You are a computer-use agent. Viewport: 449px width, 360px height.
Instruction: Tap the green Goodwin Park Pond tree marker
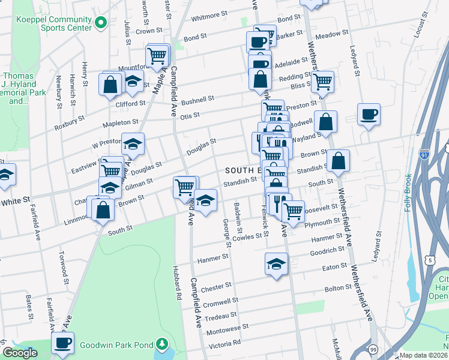coord(161,344)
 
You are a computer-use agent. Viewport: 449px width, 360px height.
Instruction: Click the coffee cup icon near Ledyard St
coord(369,113)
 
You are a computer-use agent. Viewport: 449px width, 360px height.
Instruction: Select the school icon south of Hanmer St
coord(276,263)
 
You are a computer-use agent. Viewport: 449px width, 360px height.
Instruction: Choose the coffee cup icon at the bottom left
coord(62,343)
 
